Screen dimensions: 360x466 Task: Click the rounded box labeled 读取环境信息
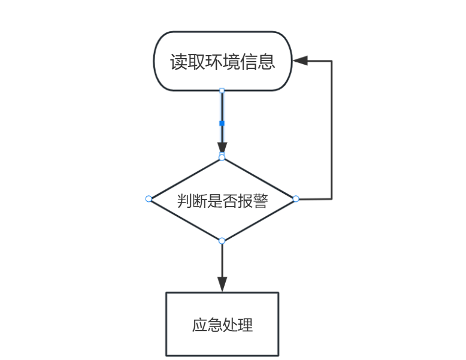pyautogui.click(x=222, y=61)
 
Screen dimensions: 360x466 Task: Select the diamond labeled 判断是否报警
pyautogui.click(x=222, y=199)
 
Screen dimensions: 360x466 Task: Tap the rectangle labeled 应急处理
pyautogui.click(x=222, y=324)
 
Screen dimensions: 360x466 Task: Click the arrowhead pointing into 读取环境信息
pyautogui.click(x=299, y=61)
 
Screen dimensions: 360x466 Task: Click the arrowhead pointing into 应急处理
pyautogui.click(x=222, y=285)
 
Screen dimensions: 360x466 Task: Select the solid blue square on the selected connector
pyautogui.click(x=222, y=123)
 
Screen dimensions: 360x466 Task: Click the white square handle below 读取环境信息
pyautogui.click(x=222, y=91)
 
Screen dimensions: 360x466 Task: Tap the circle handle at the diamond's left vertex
pyautogui.click(x=149, y=199)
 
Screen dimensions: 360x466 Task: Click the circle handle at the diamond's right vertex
pyautogui.click(x=295, y=199)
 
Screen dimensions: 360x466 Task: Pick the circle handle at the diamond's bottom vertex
pyautogui.click(x=222, y=241)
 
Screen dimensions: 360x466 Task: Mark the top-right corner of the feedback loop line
pyautogui.click(x=331, y=61)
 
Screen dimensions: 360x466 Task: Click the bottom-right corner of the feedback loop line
pyautogui.click(x=331, y=199)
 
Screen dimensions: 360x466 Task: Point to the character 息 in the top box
pyautogui.click(x=267, y=62)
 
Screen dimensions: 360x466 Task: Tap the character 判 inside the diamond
pyautogui.click(x=184, y=201)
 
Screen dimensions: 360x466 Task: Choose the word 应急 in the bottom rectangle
pyautogui.click(x=207, y=325)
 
